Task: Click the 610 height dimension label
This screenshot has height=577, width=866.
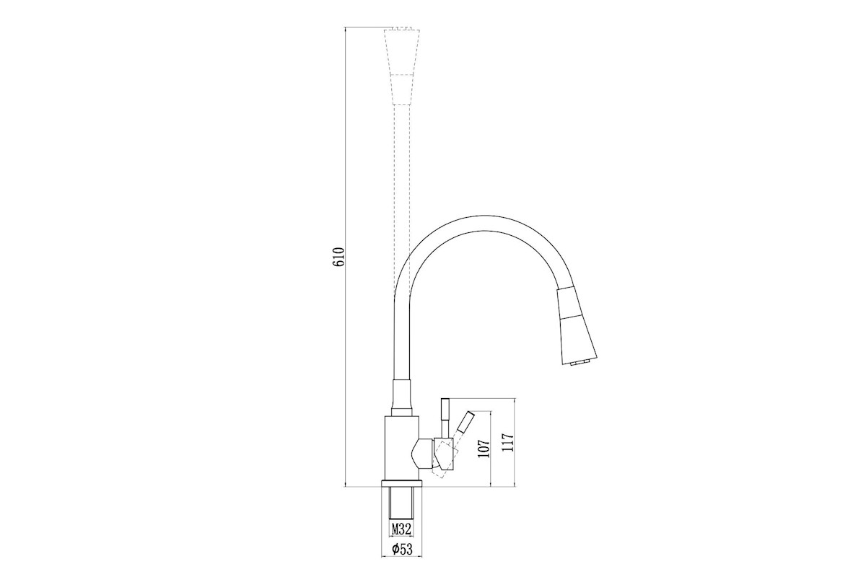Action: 338,257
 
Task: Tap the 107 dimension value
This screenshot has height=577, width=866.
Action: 484,449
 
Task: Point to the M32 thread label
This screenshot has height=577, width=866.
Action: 401,529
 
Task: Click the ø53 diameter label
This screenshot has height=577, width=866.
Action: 402,548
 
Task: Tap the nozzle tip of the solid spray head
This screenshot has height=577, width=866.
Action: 578,362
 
